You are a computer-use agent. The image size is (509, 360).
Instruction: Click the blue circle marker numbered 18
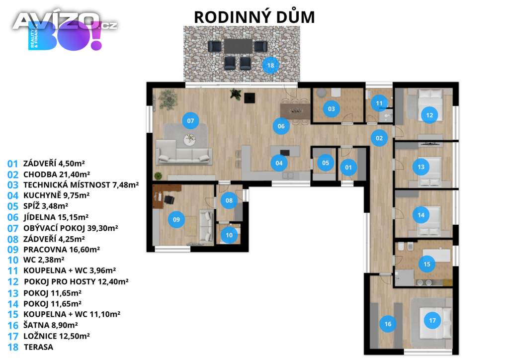pos(270,65)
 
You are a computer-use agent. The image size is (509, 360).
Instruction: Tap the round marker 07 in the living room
pos(190,121)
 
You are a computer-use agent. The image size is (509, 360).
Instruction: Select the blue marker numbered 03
pos(331,109)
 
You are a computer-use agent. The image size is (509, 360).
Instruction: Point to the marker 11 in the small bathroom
pos(379,103)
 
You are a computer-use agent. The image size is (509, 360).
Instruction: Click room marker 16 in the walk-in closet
pos(388,324)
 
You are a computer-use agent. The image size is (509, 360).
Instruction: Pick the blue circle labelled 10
pos(229,235)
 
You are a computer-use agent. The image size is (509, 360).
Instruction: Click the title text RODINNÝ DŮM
pos(254,17)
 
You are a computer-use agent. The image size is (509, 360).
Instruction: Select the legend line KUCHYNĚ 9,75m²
pos(57,195)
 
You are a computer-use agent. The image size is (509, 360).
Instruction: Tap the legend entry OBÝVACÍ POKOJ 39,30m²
pos(71,228)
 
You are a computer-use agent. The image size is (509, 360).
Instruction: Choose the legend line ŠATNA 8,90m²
pos(50,325)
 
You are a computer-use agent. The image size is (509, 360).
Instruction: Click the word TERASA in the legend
pos(38,347)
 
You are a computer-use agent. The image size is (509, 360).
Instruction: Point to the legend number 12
pos(13,282)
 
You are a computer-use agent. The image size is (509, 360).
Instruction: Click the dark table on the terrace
pos(239,46)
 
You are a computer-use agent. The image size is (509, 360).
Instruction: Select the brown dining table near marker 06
pos(295,111)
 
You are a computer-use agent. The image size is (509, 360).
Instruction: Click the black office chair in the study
pos(169,199)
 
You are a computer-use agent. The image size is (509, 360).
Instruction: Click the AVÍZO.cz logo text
pos(65,21)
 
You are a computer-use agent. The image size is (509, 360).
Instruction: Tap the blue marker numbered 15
pos(427,264)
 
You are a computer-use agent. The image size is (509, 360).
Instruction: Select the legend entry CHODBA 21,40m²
pos(57,175)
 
